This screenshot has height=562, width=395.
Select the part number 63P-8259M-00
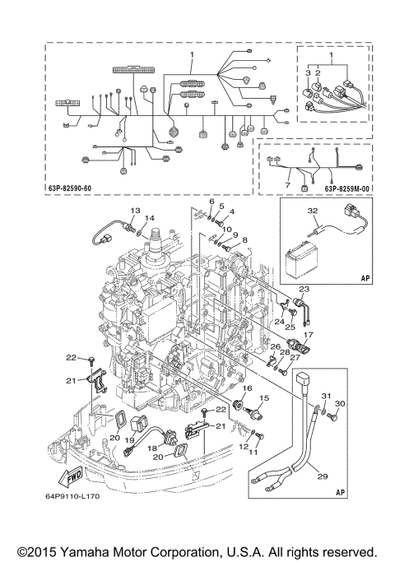tap(346, 188)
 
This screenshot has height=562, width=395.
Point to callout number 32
tap(312, 211)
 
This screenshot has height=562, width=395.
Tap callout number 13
tap(135, 210)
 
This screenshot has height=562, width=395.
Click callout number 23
tap(304, 289)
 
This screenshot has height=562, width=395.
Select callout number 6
tap(211, 202)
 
